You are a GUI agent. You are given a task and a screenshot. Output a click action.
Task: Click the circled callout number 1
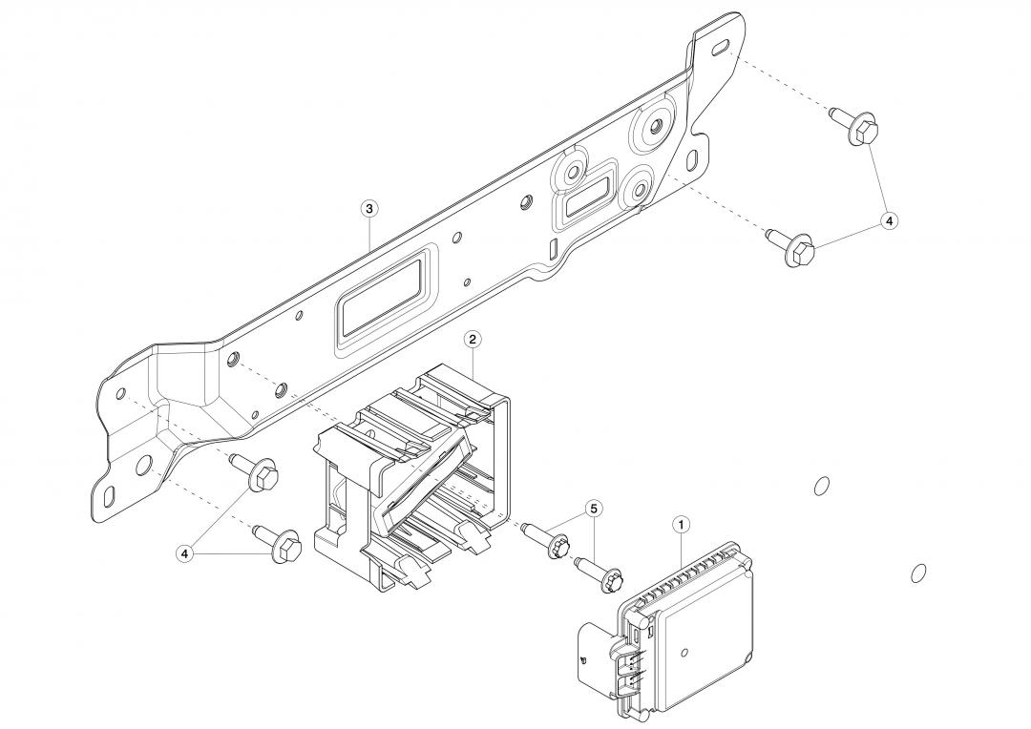[x=681, y=524]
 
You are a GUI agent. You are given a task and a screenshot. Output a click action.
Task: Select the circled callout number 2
[x=472, y=339]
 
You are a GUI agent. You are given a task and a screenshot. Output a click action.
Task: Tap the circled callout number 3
[x=369, y=207]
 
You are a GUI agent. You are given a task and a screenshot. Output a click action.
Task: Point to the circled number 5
[x=594, y=510]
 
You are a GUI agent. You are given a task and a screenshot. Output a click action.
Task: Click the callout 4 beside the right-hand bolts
[x=889, y=220]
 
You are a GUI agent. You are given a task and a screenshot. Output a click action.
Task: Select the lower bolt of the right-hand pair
[x=796, y=250]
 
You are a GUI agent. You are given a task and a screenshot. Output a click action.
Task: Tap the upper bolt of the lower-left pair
[x=260, y=473]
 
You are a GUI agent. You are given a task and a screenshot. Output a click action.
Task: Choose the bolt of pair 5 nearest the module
[x=608, y=576]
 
